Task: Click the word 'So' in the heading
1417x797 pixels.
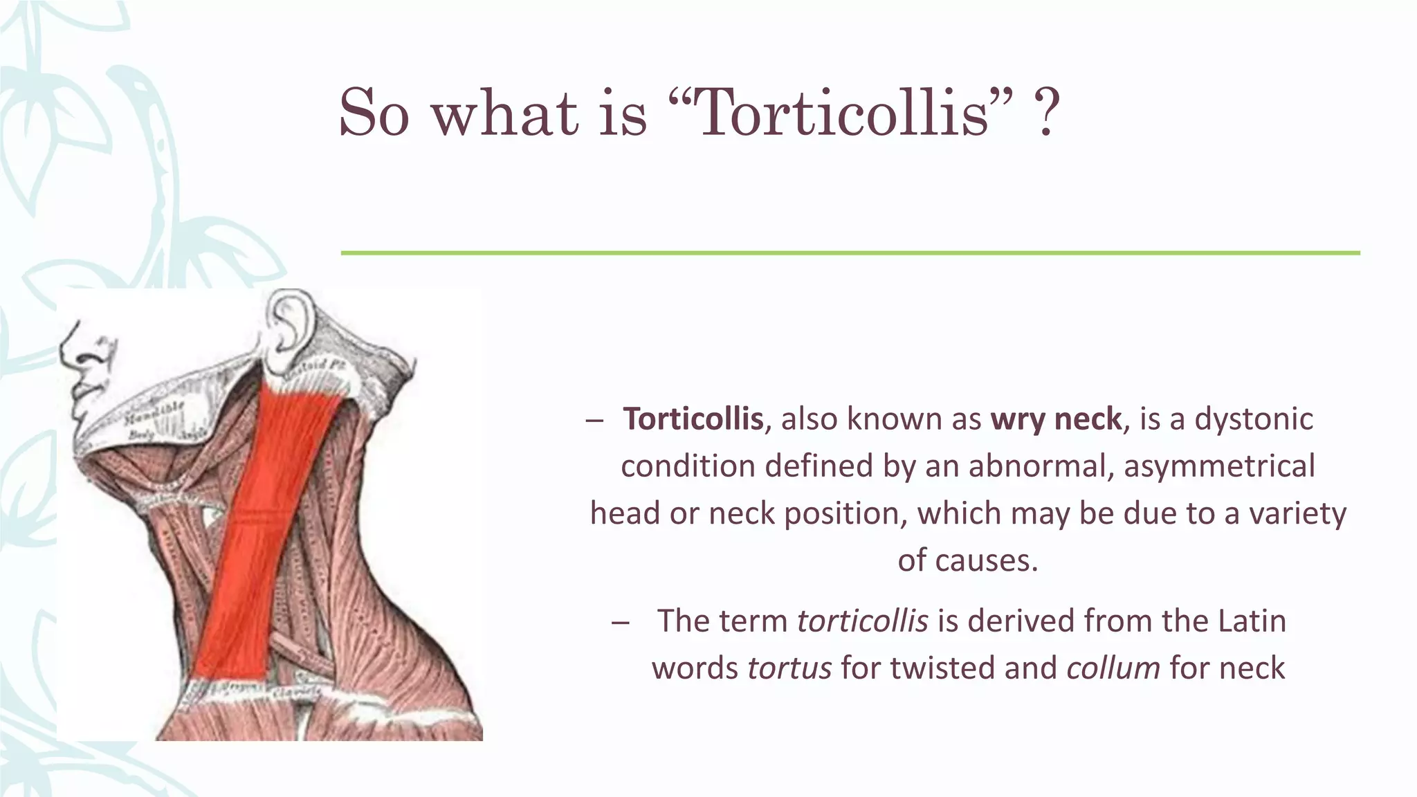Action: click(374, 112)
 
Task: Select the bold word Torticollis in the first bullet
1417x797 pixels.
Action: click(693, 419)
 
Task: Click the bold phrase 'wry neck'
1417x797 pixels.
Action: click(1056, 419)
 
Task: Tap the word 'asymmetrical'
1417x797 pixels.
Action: click(1219, 466)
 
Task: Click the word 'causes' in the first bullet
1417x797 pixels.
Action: click(976, 560)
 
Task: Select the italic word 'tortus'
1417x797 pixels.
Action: click(789, 668)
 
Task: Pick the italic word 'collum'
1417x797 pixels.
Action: click(1113, 668)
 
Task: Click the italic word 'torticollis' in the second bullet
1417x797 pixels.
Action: click(862, 621)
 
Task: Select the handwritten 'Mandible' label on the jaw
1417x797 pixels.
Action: click(154, 414)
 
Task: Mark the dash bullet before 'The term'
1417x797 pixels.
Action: click(621, 622)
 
